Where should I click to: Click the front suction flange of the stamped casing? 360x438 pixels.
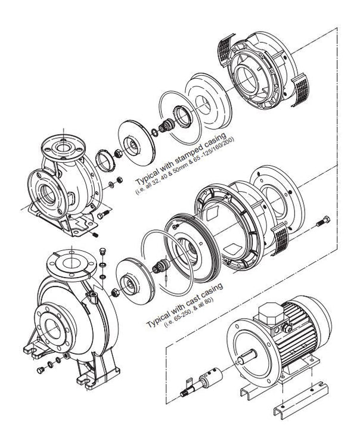coord(47,194)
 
